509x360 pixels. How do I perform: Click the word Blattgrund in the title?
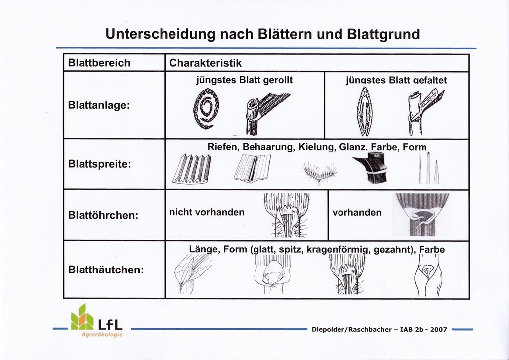tap(383, 34)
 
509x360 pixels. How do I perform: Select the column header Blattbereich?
tap(99, 63)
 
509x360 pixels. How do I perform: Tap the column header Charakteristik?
tap(205, 63)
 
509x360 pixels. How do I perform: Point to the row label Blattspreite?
tap(99, 164)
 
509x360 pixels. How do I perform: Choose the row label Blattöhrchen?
tap(102, 216)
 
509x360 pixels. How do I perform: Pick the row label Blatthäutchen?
tap(105, 270)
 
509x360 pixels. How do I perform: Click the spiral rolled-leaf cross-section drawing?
tap(206, 108)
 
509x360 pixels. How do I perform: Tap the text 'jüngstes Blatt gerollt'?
tap(245, 80)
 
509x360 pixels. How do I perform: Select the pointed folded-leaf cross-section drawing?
tap(365, 111)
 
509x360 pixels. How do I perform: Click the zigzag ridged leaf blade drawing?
tap(192, 169)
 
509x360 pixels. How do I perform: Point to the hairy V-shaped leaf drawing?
tap(320, 172)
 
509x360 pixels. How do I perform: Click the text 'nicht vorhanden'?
tap(207, 212)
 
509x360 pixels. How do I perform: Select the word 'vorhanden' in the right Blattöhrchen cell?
tap(357, 212)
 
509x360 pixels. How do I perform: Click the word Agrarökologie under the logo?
tap(102, 334)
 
